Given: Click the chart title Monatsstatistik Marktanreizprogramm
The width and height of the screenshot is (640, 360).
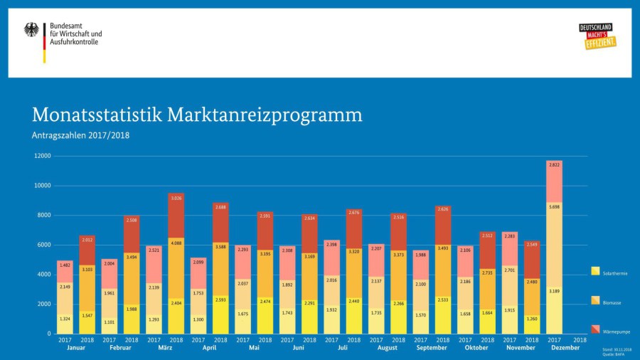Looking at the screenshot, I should [x=197, y=115].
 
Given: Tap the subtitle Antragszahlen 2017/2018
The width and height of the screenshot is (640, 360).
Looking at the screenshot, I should [x=80, y=135].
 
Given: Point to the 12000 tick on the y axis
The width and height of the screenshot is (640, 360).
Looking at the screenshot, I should [x=42, y=156].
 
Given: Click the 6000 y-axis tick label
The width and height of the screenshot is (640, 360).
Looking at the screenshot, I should [x=44, y=245].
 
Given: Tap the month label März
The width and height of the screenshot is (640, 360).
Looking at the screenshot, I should [x=165, y=348].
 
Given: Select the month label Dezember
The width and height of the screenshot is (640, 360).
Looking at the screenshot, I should [x=565, y=348].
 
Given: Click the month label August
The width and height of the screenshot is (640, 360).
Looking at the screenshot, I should [x=388, y=348].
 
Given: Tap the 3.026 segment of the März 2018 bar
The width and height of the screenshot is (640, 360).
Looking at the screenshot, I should [x=176, y=198].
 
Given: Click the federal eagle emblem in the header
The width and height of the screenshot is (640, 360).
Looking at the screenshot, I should [x=32, y=30].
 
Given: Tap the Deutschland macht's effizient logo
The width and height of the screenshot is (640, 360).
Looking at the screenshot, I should [x=597, y=36].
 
